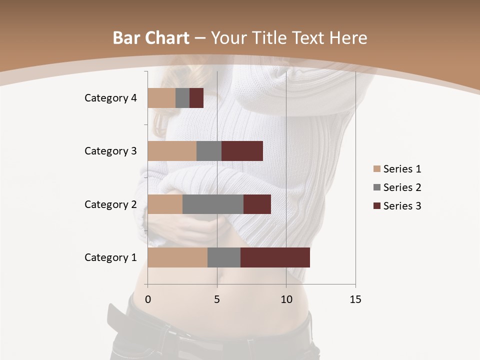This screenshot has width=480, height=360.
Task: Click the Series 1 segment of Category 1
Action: pos(177,257)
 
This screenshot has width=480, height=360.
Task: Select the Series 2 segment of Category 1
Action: pos(224,257)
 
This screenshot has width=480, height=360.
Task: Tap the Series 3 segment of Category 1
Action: pos(275,257)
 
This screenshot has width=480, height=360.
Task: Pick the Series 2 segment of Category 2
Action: pos(213,204)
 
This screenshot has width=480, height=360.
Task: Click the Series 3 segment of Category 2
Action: pos(257,204)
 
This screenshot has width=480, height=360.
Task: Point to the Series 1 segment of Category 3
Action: pos(172,151)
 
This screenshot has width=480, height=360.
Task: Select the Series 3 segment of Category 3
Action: pos(242,151)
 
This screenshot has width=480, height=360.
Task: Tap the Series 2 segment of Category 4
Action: pos(182,98)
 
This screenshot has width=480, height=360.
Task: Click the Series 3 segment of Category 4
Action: pos(196,98)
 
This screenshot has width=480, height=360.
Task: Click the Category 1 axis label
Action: pos(110,257)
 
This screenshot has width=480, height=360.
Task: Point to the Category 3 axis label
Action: pos(110,151)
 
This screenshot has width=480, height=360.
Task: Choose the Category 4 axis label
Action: pos(110,98)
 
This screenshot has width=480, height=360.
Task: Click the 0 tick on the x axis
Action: pos(148,299)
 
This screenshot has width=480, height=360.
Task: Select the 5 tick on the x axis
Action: pos(217,299)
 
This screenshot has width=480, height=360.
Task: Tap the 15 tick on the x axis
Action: pos(355,299)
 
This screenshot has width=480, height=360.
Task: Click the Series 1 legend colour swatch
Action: pos(377,169)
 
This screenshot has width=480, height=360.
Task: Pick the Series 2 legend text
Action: pos(402,187)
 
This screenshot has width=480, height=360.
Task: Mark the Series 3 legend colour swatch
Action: pos(377,206)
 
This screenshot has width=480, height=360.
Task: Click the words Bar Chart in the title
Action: pos(151,38)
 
